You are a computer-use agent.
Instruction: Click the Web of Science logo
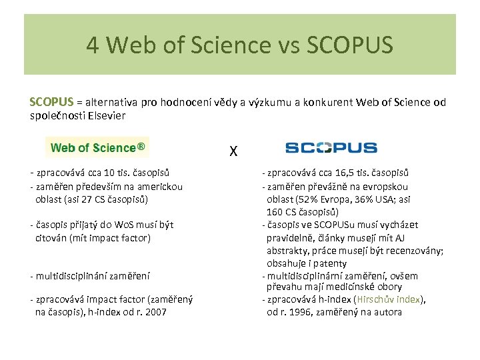[97, 148]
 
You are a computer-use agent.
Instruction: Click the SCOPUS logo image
[331, 148]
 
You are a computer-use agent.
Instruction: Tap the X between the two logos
[233, 152]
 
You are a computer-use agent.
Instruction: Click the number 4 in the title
[93, 45]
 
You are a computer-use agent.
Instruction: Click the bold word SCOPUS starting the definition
[51, 102]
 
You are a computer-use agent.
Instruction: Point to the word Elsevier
[106, 115]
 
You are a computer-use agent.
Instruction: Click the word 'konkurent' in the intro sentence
[329, 102]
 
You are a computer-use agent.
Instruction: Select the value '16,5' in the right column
[345, 174]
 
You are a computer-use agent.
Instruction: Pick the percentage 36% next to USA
[366, 199]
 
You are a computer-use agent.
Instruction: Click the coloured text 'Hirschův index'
[389, 299]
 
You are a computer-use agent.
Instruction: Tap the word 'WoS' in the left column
[125, 225]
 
